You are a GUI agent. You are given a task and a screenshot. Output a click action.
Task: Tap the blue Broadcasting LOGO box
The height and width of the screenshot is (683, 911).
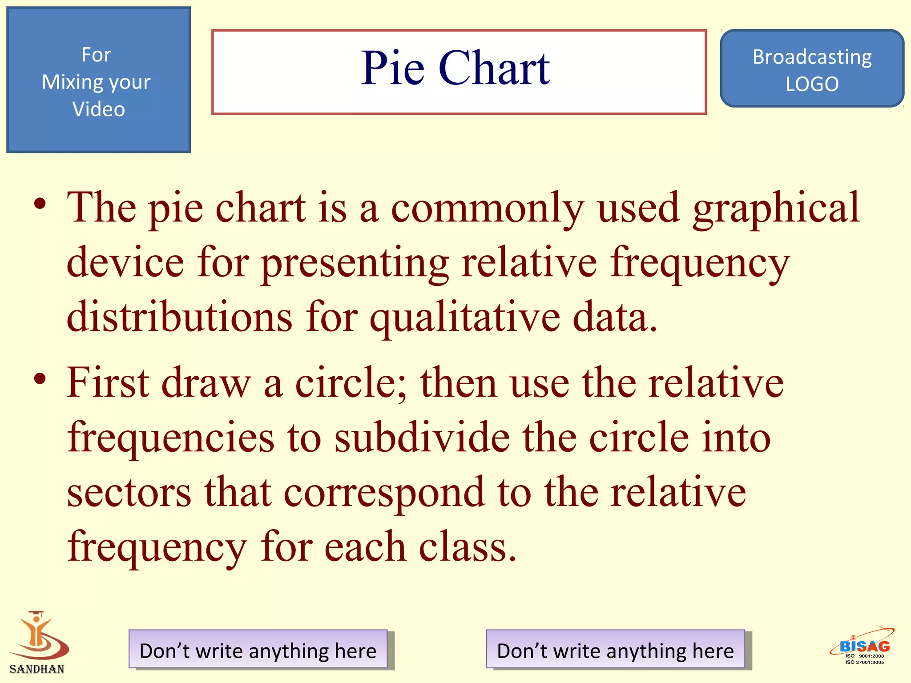[812, 69]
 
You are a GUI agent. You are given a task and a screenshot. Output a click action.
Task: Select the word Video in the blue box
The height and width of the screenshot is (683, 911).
[99, 109]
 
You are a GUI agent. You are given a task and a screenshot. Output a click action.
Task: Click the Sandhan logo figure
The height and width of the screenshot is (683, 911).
[38, 636]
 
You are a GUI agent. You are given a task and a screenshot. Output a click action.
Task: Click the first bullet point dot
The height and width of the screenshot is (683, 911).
[40, 204]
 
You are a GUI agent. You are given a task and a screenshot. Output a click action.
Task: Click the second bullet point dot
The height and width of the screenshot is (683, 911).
[40, 379]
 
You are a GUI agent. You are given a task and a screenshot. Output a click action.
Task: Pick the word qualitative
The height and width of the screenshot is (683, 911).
[465, 317]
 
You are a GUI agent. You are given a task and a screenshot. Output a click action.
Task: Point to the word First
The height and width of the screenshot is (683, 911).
[108, 382]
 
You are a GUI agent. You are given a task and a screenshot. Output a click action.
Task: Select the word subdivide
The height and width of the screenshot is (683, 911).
[422, 438]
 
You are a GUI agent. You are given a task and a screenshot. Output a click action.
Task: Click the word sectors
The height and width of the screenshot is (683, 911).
[129, 492]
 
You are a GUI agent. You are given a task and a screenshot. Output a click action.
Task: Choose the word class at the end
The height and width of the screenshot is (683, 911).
[467, 547]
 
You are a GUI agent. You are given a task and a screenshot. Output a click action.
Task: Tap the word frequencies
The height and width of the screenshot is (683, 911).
[171, 438]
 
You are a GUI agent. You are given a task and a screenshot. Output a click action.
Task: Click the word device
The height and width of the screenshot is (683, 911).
[125, 262]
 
